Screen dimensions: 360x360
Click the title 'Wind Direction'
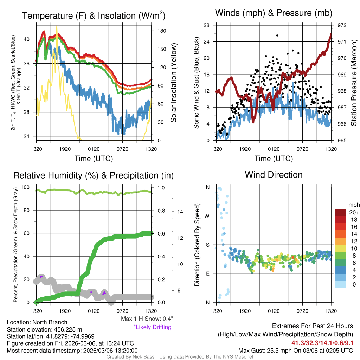tap(274, 175)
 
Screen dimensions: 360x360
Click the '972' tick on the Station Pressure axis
tap(342, 25)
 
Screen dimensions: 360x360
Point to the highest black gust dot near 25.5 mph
tap(277, 36)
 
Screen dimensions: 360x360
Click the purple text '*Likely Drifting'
tap(152, 327)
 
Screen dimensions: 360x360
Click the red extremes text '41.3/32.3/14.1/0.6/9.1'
tap(322, 343)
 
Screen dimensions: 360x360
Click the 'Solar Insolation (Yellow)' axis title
tap(173, 83)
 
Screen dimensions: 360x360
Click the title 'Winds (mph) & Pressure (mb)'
tap(274, 13)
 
